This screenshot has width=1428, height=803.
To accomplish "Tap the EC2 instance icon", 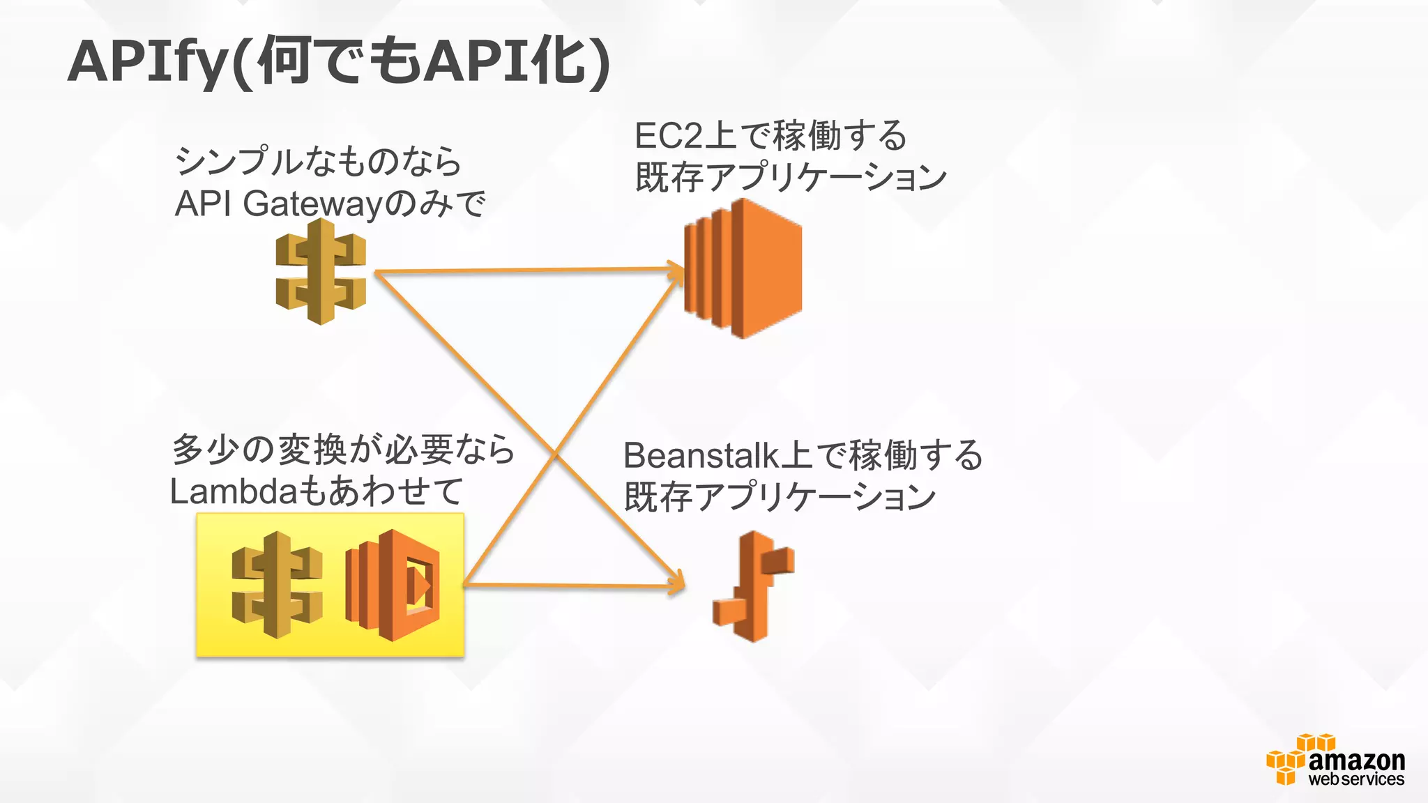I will (743, 268).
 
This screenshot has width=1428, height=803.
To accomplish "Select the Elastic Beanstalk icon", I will (753, 586).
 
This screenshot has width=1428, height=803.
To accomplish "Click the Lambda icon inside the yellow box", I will (393, 586).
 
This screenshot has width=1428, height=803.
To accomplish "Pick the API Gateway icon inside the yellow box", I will (277, 585).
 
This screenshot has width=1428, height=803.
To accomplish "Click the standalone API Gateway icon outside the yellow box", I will (321, 271).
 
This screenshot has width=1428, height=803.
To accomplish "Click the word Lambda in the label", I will (234, 491).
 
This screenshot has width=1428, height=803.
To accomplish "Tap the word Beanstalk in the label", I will (701, 456).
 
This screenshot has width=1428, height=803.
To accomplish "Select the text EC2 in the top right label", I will (668, 136).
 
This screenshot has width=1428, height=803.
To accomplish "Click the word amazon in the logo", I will (1356, 760).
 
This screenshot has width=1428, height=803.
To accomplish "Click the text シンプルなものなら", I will (318, 162).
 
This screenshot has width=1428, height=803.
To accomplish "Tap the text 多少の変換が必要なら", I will (342, 450).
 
